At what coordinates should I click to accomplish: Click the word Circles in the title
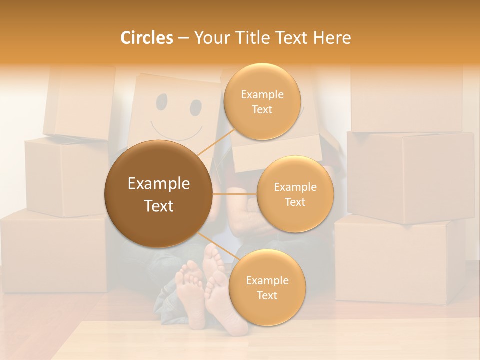point(146,38)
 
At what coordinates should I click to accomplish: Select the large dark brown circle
point(158,194)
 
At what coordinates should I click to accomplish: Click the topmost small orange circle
point(262,101)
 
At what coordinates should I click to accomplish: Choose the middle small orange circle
point(295,194)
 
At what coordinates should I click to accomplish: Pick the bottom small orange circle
point(267,287)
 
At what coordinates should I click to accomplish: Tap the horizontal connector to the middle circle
point(235,194)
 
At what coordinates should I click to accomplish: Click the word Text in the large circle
point(158,206)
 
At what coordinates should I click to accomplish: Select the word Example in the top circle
point(262,94)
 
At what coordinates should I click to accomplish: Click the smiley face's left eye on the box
point(162,102)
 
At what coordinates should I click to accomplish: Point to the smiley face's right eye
point(195,107)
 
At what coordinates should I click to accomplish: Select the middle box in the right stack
point(410,177)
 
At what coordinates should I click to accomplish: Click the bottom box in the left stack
point(52,250)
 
